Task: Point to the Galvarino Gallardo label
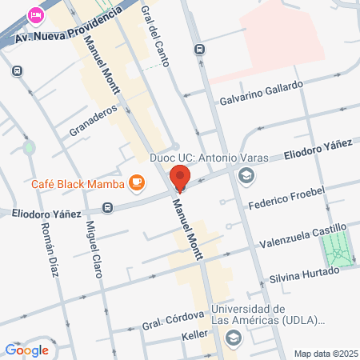pyautogui.click(x=262, y=94)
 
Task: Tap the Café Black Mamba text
pyautogui.click(x=78, y=186)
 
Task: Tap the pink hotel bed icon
pyautogui.click(x=35, y=14)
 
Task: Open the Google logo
pyautogui.click(x=26, y=350)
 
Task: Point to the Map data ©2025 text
pyautogui.click(x=324, y=354)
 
